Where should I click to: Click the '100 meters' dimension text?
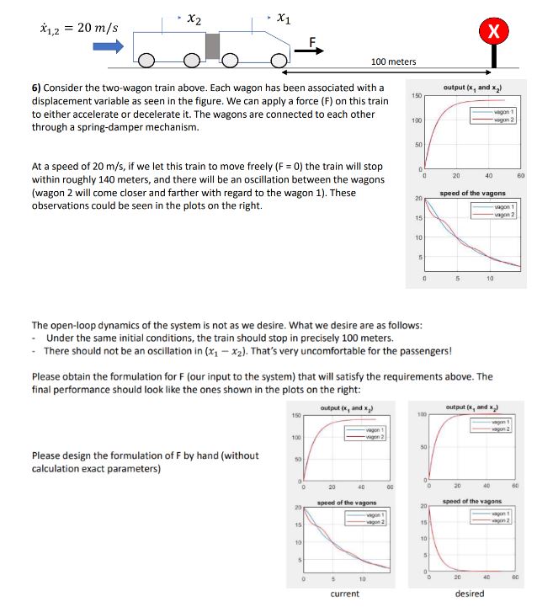tap(393, 62)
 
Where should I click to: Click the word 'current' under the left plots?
tap(345, 594)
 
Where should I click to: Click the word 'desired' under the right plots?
tap(468, 594)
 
